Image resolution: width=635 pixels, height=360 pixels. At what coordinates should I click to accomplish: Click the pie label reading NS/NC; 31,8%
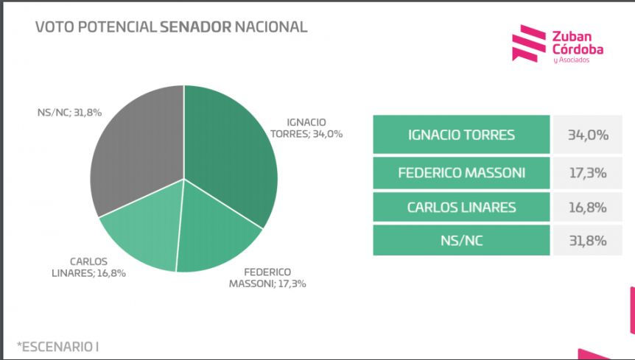click(69, 113)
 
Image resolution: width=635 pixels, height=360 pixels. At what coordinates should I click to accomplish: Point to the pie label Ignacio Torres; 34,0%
click(306, 128)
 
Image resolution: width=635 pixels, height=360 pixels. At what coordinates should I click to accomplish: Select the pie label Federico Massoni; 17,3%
click(267, 278)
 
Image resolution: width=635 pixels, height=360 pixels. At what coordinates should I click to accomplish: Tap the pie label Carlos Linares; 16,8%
click(88, 267)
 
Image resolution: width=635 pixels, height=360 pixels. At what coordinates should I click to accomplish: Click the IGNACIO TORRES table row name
click(461, 134)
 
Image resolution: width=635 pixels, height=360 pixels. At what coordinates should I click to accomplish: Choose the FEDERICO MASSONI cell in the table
click(461, 173)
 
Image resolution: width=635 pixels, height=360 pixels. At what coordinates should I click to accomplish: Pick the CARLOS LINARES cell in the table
click(461, 207)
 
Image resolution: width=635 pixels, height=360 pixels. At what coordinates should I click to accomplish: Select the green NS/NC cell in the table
click(461, 241)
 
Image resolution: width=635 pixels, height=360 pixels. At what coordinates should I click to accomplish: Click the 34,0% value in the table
click(588, 134)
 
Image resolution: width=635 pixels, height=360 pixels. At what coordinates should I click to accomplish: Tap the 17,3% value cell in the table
click(588, 173)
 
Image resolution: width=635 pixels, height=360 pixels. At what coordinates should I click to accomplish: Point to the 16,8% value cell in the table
click(588, 207)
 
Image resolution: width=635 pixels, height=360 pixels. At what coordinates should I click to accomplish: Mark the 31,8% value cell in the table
click(588, 241)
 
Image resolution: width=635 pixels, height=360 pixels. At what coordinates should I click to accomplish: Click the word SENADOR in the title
click(196, 27)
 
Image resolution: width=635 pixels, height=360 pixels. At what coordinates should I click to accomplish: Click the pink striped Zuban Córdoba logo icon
click(528, 43)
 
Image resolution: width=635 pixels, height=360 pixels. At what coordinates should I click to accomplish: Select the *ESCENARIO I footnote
click(57, 347)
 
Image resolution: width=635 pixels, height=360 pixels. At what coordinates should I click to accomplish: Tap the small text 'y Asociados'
click(571, 60)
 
